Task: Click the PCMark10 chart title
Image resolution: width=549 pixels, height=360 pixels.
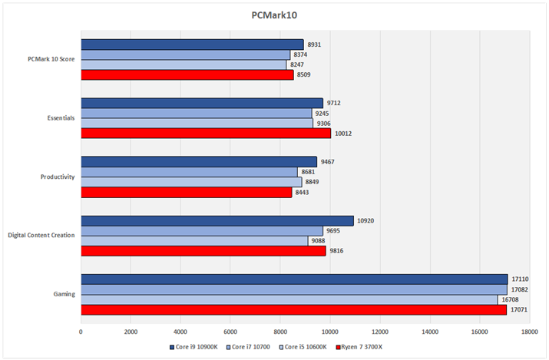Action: click(x=274, y=15)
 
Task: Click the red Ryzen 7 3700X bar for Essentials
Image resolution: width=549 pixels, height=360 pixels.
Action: click(x=206, y=134)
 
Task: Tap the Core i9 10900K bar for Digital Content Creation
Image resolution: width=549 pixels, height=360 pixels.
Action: click(x=217, y=221)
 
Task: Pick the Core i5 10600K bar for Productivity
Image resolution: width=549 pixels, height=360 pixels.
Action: click(x=191, y=182)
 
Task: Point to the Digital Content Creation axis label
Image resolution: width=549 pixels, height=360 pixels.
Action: click(x=41, y=235)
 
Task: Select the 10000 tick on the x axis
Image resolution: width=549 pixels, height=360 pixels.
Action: click(x=330, y=332)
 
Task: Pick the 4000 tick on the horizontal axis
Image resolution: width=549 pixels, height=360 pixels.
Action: click(x=180, y=332)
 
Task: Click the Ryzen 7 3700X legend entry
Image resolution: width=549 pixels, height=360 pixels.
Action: click(x=359, y=347)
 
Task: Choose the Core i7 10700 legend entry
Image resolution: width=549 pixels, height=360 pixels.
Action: click(x=249, y=347)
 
